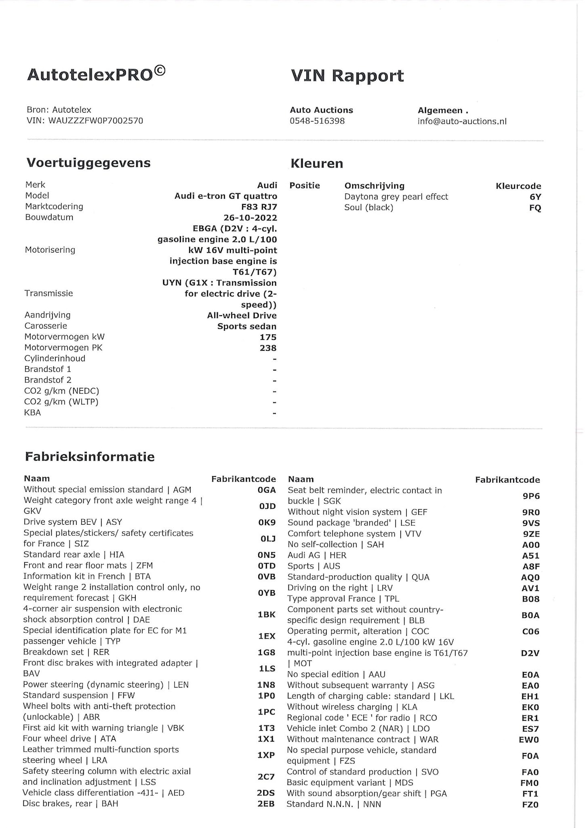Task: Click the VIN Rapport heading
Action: pos(347,76)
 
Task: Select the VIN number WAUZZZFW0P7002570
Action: pos(96,121)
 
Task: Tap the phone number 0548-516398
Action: pos(317,121)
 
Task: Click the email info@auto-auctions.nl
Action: pos(462,121)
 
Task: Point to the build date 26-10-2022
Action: pos(250,218)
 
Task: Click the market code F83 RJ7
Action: pos(259,207)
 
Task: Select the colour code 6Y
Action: pos(535,197)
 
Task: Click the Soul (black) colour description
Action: pos(368,208)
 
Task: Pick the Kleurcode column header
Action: pos(518,186)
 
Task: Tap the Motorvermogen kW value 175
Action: pos(268,337)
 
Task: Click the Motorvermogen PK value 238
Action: pos(268,348)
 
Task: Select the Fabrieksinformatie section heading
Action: pos(90,457)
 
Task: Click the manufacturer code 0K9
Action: pos(267,522)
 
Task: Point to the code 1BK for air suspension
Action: pos(266,614)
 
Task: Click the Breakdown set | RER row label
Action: pos(66,652)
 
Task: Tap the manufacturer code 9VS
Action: pos(531,523)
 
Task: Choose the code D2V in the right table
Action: pos(530,653)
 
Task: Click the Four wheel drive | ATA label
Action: pos(69,739)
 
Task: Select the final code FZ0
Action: pos(530,805)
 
